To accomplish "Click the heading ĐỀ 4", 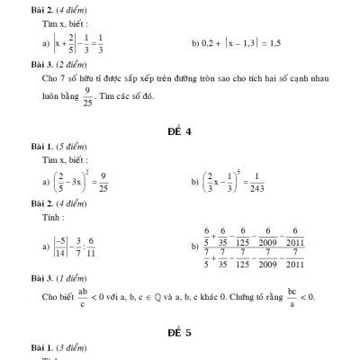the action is point(179,131).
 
